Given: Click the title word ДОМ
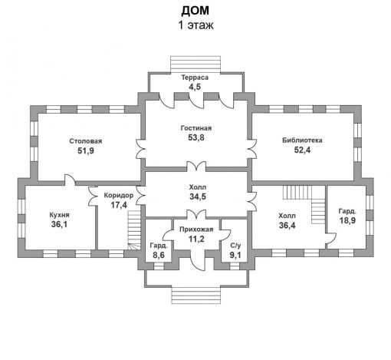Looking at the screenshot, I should (195, 10).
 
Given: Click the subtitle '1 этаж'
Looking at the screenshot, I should (195, 25).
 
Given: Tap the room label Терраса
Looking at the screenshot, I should (195, 78).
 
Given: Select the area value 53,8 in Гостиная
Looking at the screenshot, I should (195, 138).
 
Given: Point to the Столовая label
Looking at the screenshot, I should (85, 140).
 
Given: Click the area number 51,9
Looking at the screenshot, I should (85, 151).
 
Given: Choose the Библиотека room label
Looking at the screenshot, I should (301, 140).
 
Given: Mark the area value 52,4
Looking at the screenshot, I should (301, 151).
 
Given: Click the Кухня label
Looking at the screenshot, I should (59, 215).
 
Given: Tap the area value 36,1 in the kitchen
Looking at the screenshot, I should (59, 226).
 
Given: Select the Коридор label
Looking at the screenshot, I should (118, 196).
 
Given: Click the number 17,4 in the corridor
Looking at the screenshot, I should (118, 206).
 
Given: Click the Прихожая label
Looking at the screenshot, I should (195, 229).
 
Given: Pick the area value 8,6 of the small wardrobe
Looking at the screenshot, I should (158, 256).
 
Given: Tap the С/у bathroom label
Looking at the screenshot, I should (235, 246).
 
